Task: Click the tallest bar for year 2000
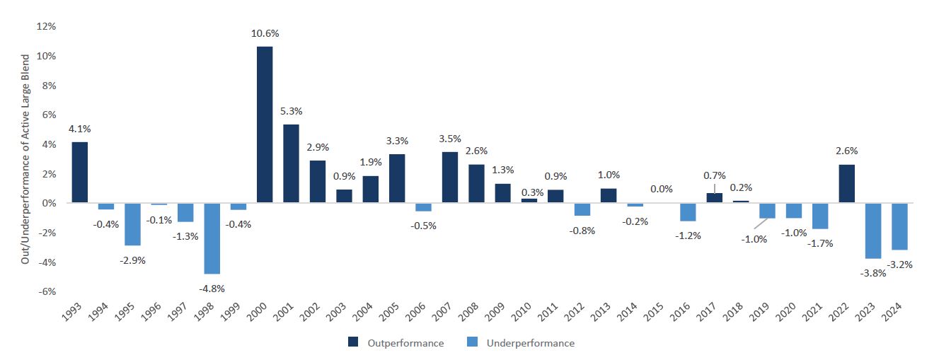pyautogui.click(x=265, y=124)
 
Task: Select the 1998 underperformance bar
pyautogui.click(x=212, y=238)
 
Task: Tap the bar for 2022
pyautogui.click(x=846, y=184)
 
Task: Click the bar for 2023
pyautogui.click(x=873, y=231)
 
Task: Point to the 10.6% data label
pyautogui.click(x=265, y=33)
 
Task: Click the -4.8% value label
pyautogui.click(x=212, y=288)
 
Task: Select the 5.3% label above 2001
pyautogui.click(x=291, y=111)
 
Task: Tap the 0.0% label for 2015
pyautogui.click(x=661, y=189)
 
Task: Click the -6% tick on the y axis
pyautogui.click(x=47, y=291)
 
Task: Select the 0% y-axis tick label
pyautogui.click(x=49, y=203)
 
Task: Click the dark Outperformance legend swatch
pyautogui.click(x=353, y=343)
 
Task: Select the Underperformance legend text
pyautogui.click(x=530, y=343)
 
